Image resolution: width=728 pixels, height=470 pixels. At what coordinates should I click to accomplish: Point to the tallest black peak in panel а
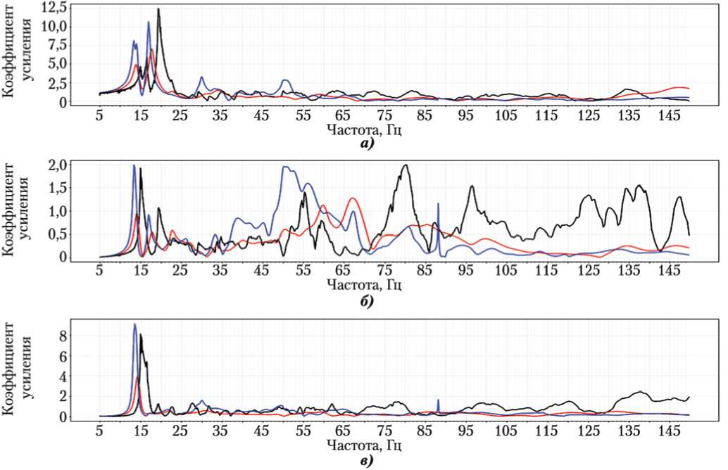click(158, 9)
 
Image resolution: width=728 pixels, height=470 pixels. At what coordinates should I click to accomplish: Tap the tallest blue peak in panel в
click(134, 324)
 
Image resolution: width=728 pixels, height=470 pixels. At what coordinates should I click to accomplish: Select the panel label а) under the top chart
click(366, 144)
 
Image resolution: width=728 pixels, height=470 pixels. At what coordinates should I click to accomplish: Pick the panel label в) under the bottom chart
click(366, 461)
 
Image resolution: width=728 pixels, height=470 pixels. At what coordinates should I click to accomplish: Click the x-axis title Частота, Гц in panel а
click(366, 129)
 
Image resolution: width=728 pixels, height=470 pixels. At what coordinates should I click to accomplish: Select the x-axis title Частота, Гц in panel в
click(366, 446)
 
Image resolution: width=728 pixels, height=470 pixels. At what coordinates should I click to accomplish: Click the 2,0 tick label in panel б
click(75, 165)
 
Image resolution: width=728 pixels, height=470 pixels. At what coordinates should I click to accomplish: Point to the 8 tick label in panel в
click(82, 336)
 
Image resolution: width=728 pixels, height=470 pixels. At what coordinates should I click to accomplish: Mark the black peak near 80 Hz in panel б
click(406, 165)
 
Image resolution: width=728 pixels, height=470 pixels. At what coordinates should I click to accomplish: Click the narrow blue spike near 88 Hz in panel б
click(438, 204)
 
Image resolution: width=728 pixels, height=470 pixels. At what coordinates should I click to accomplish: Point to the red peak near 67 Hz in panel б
click(353, 198)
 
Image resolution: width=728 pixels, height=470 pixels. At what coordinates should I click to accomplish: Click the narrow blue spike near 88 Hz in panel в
click(438, 400)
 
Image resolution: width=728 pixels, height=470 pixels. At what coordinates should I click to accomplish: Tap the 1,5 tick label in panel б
click(75, 188)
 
